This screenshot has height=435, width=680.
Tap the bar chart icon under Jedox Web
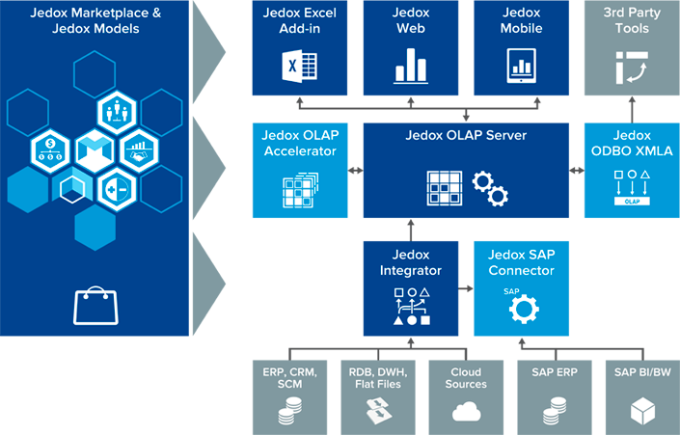point(411,66)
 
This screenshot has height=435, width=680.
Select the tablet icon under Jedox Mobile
point(522,66)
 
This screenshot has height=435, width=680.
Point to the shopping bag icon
point(95,306)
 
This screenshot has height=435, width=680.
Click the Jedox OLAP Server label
point(466,136)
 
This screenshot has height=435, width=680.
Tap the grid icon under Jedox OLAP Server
point(444,187)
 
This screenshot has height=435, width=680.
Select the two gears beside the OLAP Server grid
point(490,188)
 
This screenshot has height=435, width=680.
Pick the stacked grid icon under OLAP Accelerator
point(298,189)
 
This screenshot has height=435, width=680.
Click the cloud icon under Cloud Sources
point(466,412)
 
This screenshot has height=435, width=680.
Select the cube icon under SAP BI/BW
point(642,412)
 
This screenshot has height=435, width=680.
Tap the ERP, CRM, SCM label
point(289,378)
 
